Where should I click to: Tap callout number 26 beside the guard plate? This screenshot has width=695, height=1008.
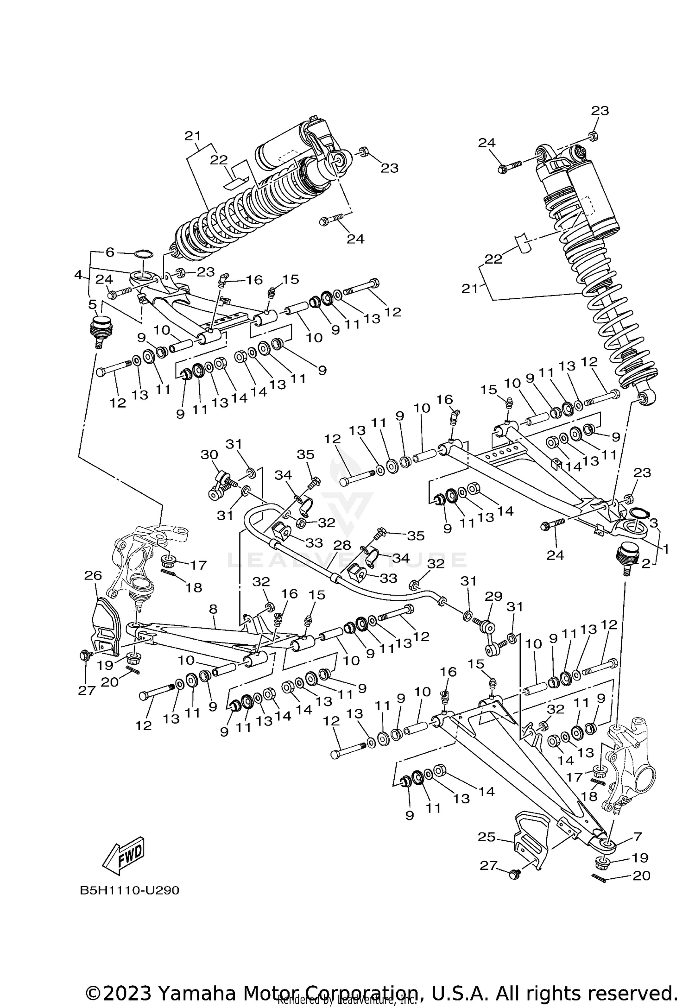tap(93, 576)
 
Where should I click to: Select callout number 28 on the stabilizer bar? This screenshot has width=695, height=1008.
tap(342, 545)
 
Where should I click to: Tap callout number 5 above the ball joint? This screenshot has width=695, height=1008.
tap(93, 304)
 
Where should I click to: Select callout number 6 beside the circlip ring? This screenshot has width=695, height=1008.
tap(110, 252)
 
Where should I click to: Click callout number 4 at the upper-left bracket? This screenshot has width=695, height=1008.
tap(78, 275)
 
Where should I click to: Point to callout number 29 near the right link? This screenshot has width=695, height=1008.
tap(493, 596)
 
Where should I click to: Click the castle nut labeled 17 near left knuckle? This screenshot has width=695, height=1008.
tap(169, 562)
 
